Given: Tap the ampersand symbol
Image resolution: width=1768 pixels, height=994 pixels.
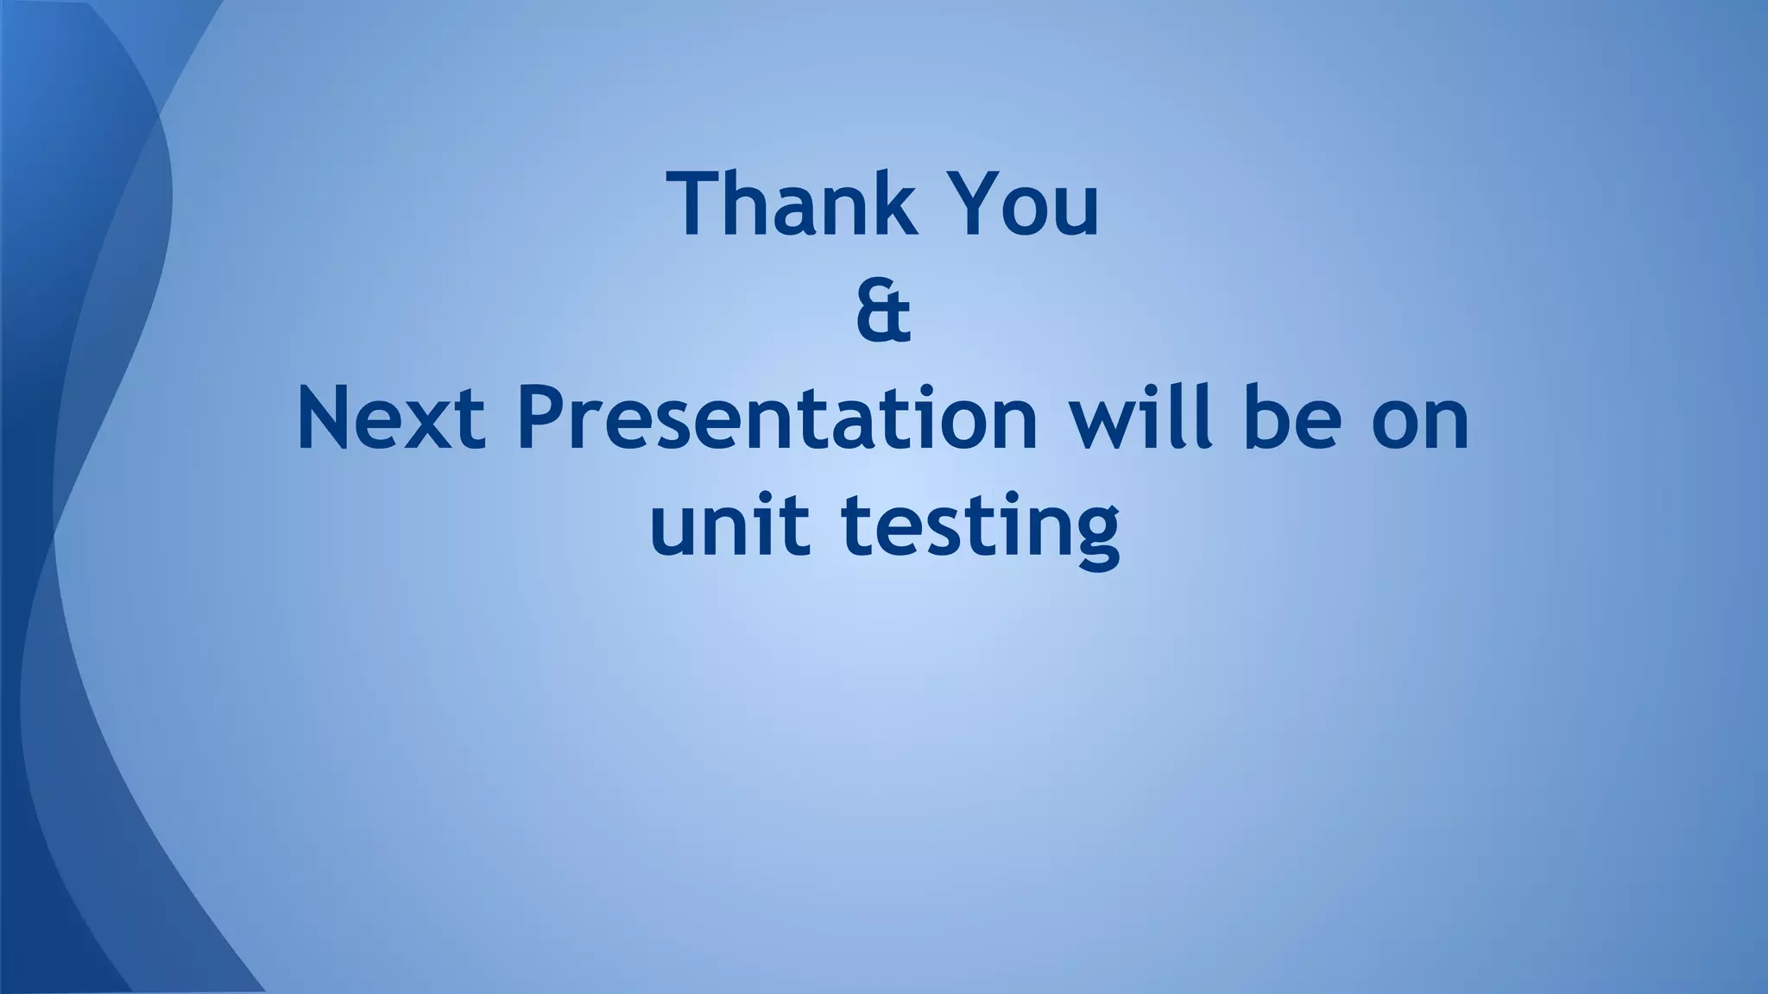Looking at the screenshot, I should tap(883, 314).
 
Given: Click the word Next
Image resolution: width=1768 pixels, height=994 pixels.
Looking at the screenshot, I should tap(391, 420).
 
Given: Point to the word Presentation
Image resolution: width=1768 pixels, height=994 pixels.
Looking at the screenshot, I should tap(777, 420).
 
